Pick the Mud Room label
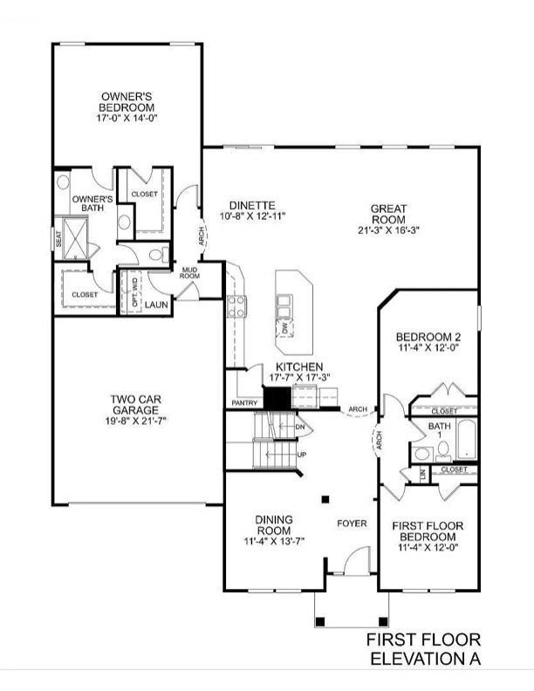[x=189, y=272]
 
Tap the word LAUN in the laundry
[x=157, y=304]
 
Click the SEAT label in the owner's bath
[x=58, y=238]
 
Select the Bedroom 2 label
[x=428, y=337]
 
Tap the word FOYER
[x=353, y=523]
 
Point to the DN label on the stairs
[x=299, y=427]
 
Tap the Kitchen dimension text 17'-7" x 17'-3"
[x=299, y=377]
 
